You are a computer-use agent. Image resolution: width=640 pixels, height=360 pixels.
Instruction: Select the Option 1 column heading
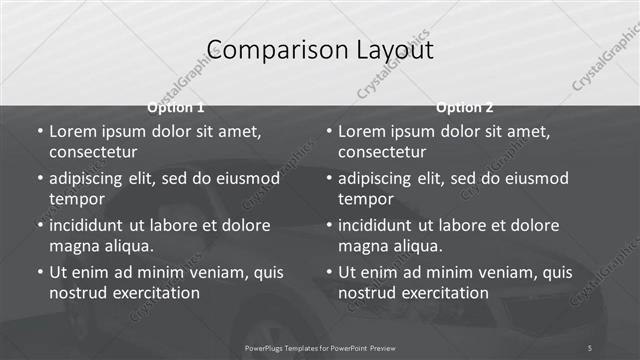point(176,107)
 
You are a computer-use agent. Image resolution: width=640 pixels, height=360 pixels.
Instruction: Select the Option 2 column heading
point(465,107)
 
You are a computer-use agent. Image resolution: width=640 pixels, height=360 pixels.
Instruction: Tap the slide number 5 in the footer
point(590,347)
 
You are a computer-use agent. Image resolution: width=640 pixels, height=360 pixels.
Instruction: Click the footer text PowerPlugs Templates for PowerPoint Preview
point(320,347)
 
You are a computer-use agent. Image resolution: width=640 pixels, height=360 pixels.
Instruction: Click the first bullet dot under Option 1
point(39,131)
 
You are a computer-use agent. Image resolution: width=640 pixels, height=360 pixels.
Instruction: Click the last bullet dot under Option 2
point(328,272)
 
